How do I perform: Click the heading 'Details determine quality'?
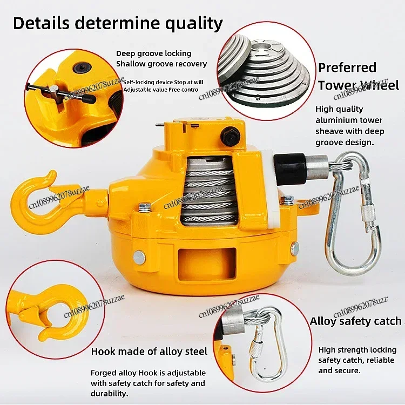[x=118, y=23]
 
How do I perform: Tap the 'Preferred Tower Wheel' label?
[x=358, y=76]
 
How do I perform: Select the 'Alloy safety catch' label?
[x=355, y=321]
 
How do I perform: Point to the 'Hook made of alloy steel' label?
[x=149, y=352]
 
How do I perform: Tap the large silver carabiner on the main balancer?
[x=357, y=216]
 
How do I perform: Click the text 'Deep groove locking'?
[x=153, y=53]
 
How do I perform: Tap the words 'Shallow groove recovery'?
[x=161, y=64]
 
